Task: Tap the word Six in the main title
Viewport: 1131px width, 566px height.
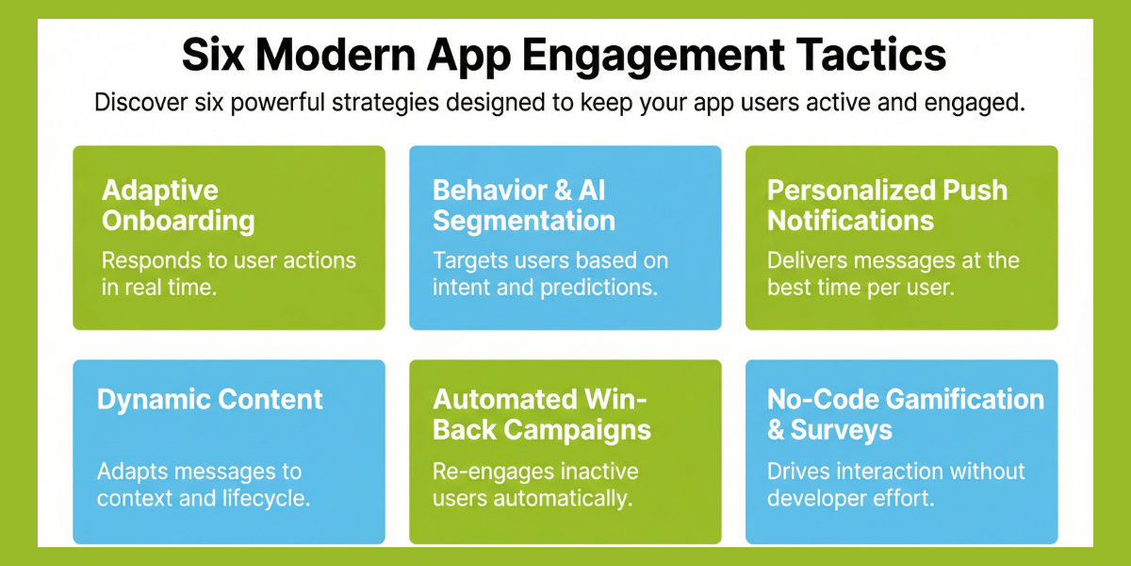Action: click(x=214, y=56)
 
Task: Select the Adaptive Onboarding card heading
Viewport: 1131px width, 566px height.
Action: click(x=178, y=206)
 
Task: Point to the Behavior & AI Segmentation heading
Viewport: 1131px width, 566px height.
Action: click(x=524, y=206)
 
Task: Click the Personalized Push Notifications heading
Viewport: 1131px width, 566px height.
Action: click(x=887, y=206)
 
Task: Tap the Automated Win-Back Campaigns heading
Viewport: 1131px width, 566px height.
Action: click(x=541, y=414)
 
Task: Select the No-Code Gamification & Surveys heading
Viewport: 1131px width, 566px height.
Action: click(x=905, y=414)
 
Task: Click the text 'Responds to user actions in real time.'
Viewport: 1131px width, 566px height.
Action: click(x=228, y=274)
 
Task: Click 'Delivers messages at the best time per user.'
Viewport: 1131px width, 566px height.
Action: click(x=893, y=274)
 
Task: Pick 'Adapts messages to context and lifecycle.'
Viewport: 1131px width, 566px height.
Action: click(x=203, y=484)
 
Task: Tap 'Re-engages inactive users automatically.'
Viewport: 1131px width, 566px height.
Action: click(x=534, y=484)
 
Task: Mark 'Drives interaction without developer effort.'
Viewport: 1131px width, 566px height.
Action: click(x=895, y=484)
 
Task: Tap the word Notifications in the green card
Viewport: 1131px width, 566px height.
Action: click(x=850, y=222)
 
